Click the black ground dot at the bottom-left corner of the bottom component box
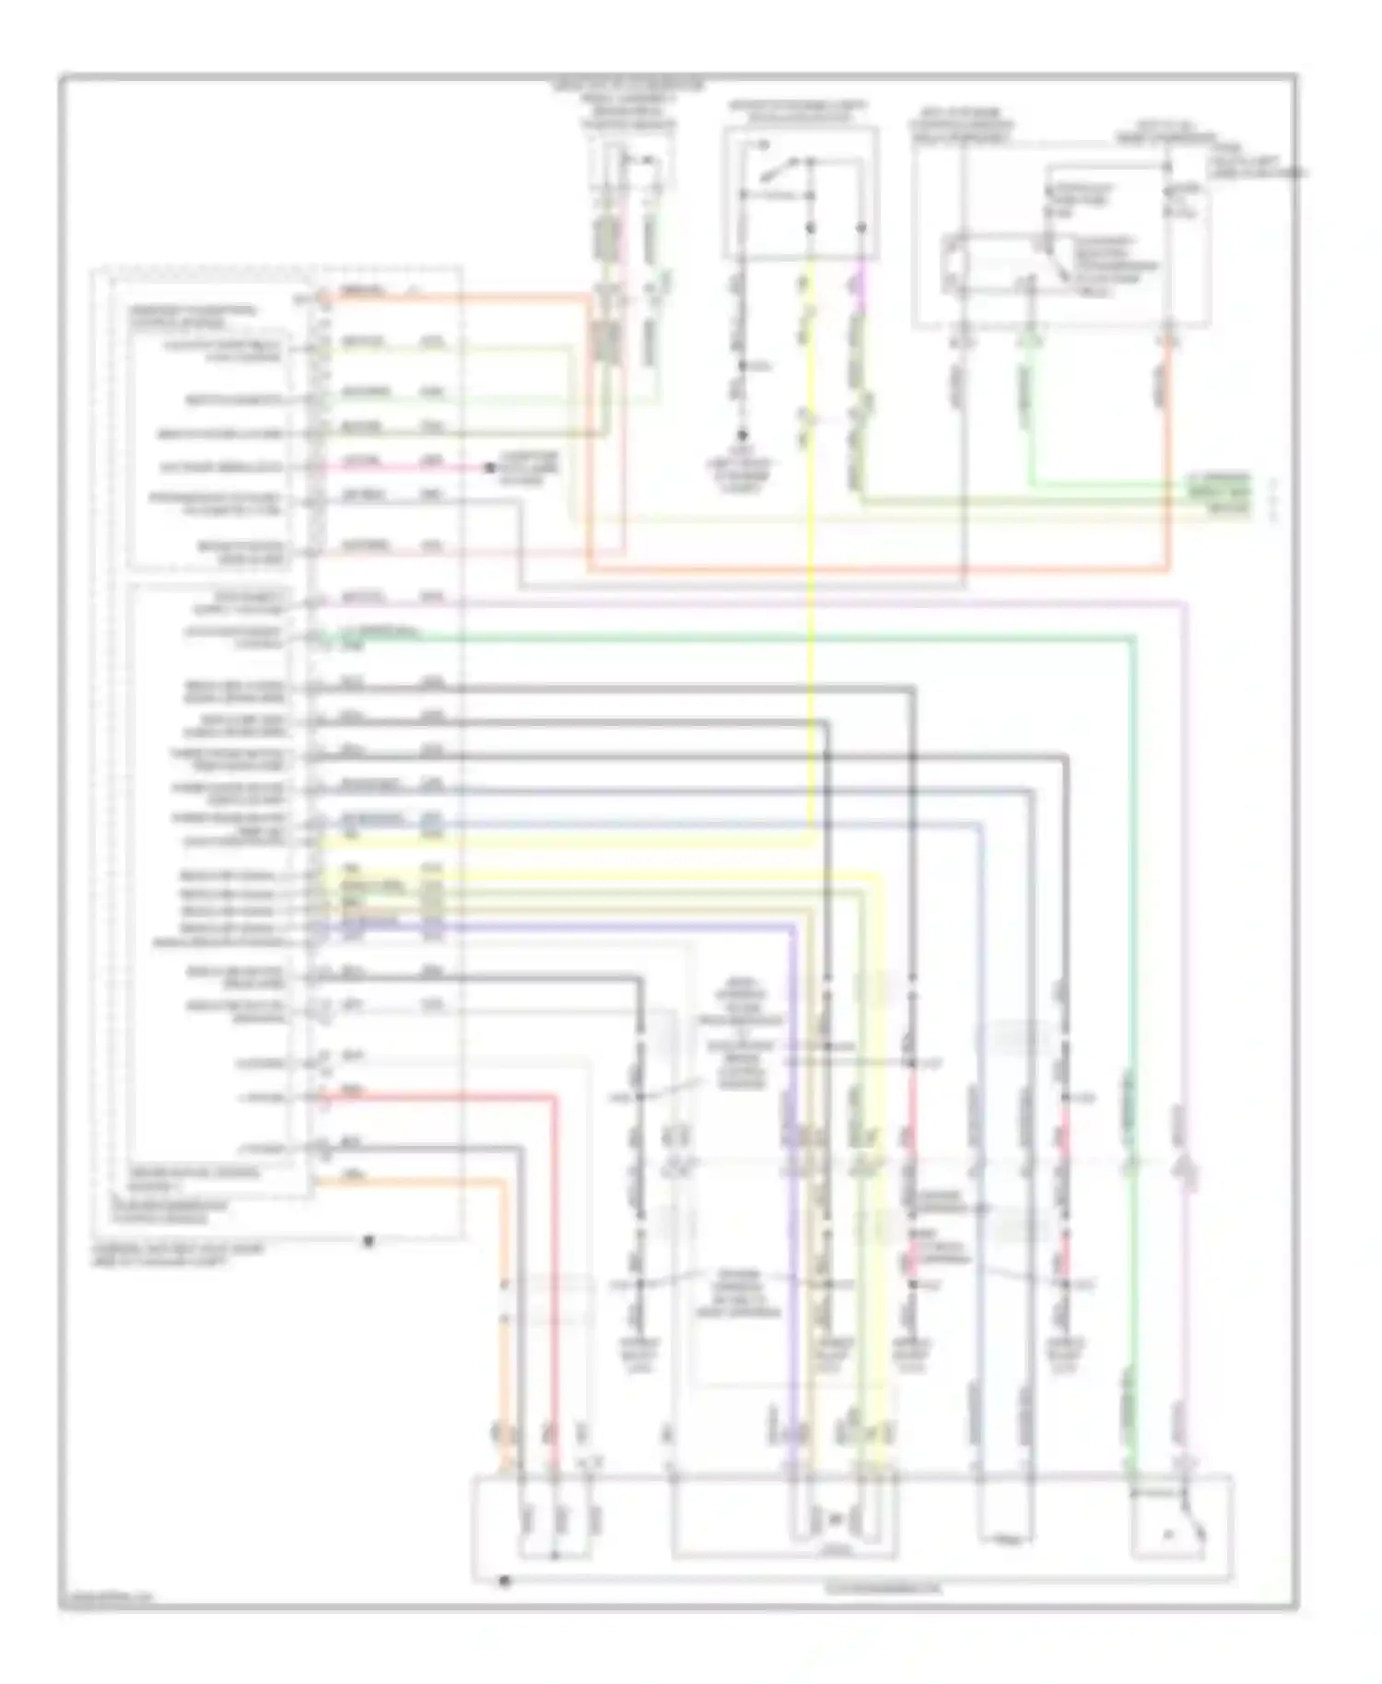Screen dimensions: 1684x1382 (504, 1581)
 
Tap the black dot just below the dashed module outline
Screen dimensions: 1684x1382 (369, 1241)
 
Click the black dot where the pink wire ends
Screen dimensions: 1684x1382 (490, 468)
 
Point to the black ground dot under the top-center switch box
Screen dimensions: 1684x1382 (742, 435)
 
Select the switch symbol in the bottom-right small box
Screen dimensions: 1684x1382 (1189, 1533)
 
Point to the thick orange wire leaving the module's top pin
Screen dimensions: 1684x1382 (461, 298)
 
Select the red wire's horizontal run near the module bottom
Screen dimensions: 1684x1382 (442, 1097)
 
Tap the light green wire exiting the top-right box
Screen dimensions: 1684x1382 (1030, 415)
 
